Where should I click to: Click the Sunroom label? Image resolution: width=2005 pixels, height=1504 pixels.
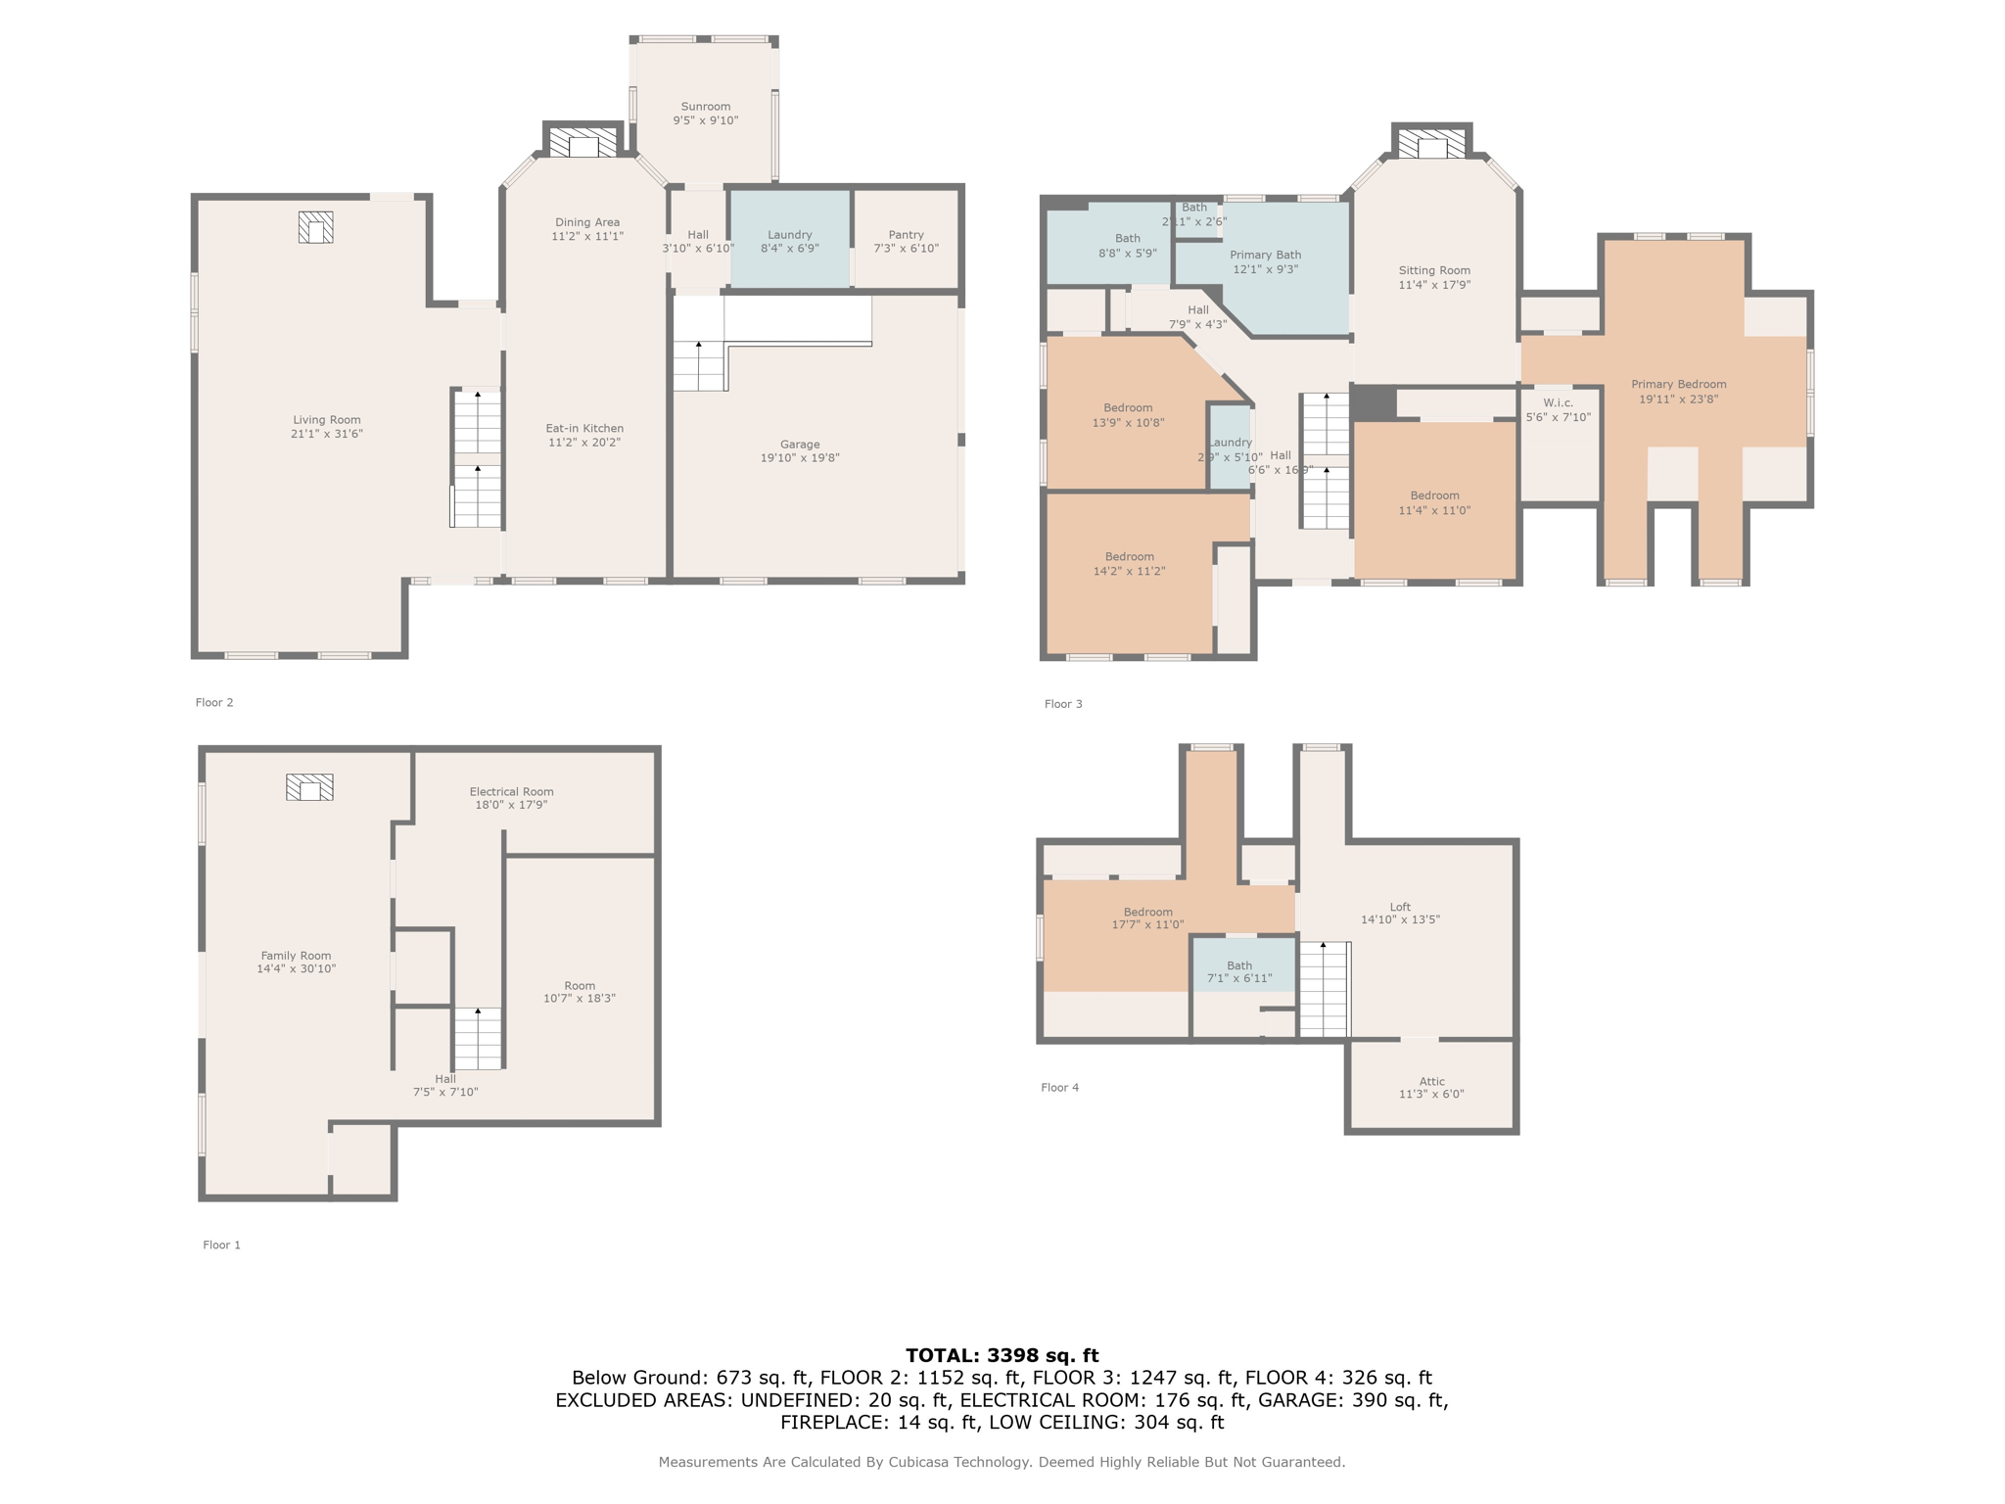(x=705, y=107)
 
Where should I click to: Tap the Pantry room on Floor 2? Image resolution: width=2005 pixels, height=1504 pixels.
(x=906, y=241)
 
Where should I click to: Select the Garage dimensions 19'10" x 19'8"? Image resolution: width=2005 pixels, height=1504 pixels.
(x=800, y=458)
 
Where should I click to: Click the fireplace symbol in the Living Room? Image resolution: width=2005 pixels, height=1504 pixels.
(x=315, y=227)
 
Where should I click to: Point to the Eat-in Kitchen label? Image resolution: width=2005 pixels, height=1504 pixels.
(x=584, y=428)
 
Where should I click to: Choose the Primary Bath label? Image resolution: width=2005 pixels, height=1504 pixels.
(x=1265, y=255)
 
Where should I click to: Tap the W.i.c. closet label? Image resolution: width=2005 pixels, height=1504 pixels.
(x=1558, y=403)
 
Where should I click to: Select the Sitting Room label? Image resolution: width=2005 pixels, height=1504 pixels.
(x=1434, y=270)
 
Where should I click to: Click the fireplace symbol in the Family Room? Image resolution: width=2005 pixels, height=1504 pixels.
(x=309, y=787)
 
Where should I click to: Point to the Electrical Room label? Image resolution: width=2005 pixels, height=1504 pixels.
(x=511, y=791)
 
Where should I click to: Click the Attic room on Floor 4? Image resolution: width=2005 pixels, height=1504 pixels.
(x=1431, y=1087)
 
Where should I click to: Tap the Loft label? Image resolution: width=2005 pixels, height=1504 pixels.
(x=1400, y=907)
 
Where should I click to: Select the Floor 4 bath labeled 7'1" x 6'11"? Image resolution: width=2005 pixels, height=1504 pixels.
(x=1239, y=971)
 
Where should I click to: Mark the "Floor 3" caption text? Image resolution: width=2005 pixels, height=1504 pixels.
(x=1063, y=704)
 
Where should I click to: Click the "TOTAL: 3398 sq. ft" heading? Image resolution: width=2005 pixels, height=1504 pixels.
(x=1002, y=1355)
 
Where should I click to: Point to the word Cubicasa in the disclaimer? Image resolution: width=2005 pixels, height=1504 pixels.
(x=920, y=1462)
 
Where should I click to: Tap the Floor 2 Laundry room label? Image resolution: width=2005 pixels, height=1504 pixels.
(x=789, y=235)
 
